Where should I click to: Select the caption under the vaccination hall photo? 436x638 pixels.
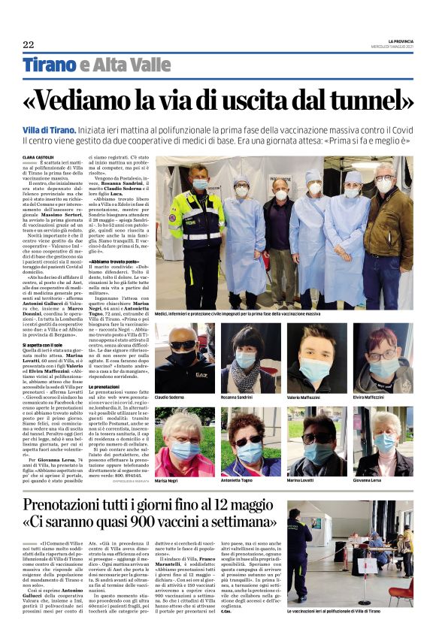tap(346, 612)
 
